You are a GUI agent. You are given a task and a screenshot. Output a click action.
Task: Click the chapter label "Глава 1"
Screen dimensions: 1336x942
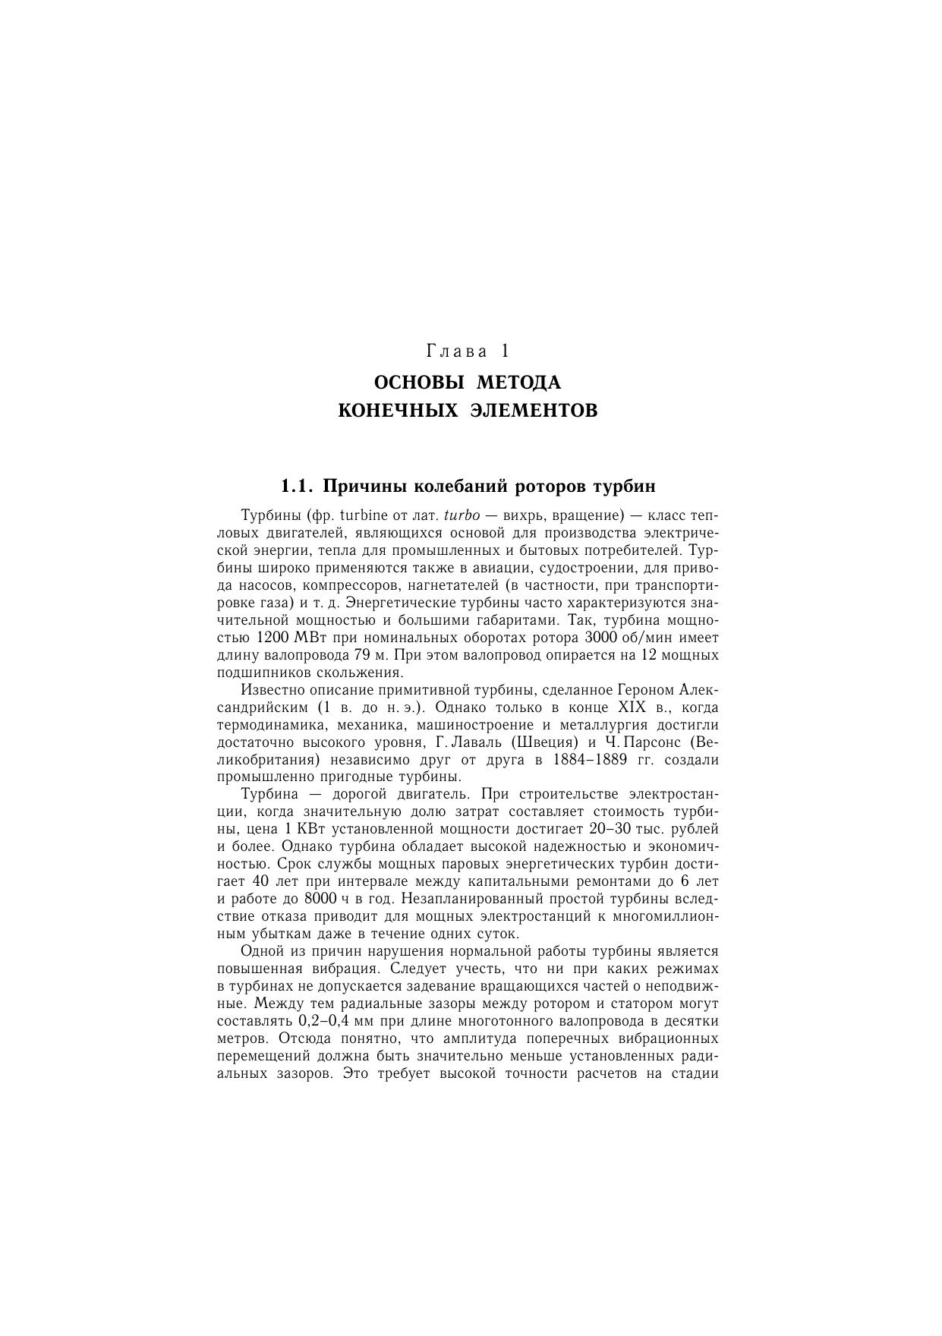(468, 352)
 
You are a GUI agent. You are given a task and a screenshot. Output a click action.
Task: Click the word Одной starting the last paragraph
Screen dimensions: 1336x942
(262, 952)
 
